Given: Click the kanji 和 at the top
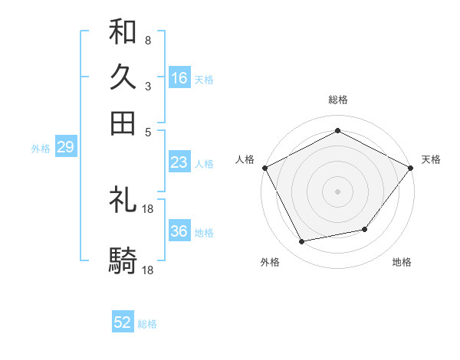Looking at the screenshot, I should point(123,32).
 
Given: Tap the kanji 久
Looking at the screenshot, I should point(123,77).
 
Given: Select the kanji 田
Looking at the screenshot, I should point(123,123).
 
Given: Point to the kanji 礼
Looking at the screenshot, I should point(123,200).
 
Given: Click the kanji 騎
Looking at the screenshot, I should point(123,261).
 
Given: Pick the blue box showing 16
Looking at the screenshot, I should point(179,77).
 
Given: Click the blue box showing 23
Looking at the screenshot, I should point(179,162).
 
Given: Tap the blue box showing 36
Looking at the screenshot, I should point(179,231).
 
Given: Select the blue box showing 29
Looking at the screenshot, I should point(65,148).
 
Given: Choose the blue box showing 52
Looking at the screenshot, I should point(123,322).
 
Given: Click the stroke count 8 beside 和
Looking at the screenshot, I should point(148,40).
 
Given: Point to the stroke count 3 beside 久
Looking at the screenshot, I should point(148,86).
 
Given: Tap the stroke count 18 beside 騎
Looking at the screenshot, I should point(149,270).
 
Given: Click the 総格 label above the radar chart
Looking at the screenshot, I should point(337,100).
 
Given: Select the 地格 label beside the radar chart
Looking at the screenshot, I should point(402,262).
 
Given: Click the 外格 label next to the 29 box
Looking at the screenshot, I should point(41,149).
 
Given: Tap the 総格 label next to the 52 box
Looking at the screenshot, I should point(147,324).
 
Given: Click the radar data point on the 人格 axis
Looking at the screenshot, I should point(264,167).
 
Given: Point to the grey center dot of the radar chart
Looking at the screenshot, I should point(337,191).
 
